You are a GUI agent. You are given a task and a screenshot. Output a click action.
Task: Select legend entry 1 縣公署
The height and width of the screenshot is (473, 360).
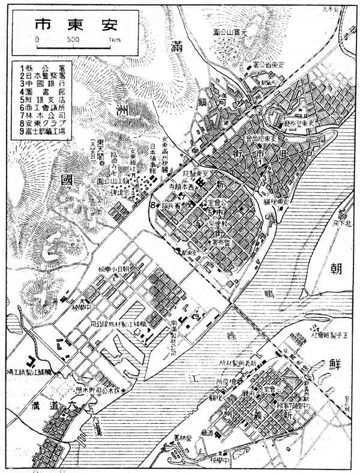(42, 68)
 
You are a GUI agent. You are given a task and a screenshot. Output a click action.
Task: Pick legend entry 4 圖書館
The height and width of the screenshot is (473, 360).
(42, 93)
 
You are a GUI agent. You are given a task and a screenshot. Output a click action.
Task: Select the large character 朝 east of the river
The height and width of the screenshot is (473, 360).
(334, 269)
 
